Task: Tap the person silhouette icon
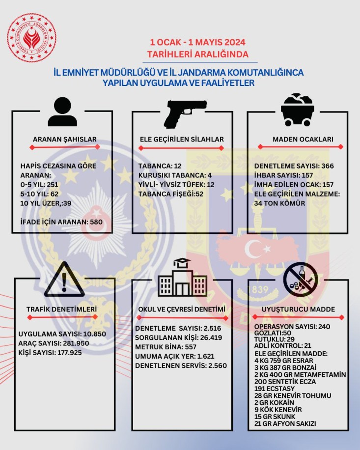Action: [62, 112]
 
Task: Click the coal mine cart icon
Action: [298, 111]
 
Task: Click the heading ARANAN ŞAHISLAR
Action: [64, 140]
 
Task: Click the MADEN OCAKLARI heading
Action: [303, 140]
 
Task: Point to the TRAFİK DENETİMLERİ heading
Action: [61, 309]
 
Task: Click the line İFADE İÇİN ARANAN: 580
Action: [61, 222]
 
